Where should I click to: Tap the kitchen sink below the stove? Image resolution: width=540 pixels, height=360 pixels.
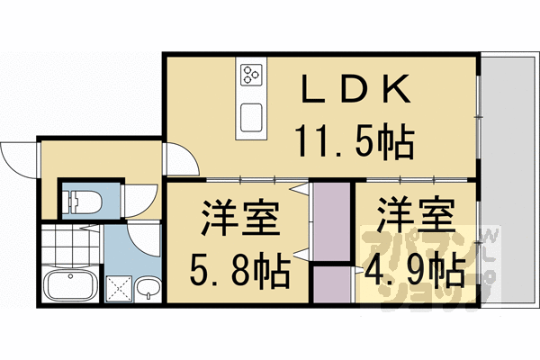click(x=251, y=116)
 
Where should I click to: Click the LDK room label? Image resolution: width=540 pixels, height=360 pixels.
click(x=355, y=90)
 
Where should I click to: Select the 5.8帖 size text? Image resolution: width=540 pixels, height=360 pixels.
click(x=238, y=267)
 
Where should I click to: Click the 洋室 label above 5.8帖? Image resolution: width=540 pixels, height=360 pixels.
click(x=238, y=218)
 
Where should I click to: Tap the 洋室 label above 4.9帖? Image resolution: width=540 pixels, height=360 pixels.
click(x=413, y=218)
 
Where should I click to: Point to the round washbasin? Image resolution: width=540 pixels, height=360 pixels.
click(x=150, y=288)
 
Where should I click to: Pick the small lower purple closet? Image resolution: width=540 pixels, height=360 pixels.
click(x=331, y=285)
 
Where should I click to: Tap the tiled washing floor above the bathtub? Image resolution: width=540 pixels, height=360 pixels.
click(x=69, y=245)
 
